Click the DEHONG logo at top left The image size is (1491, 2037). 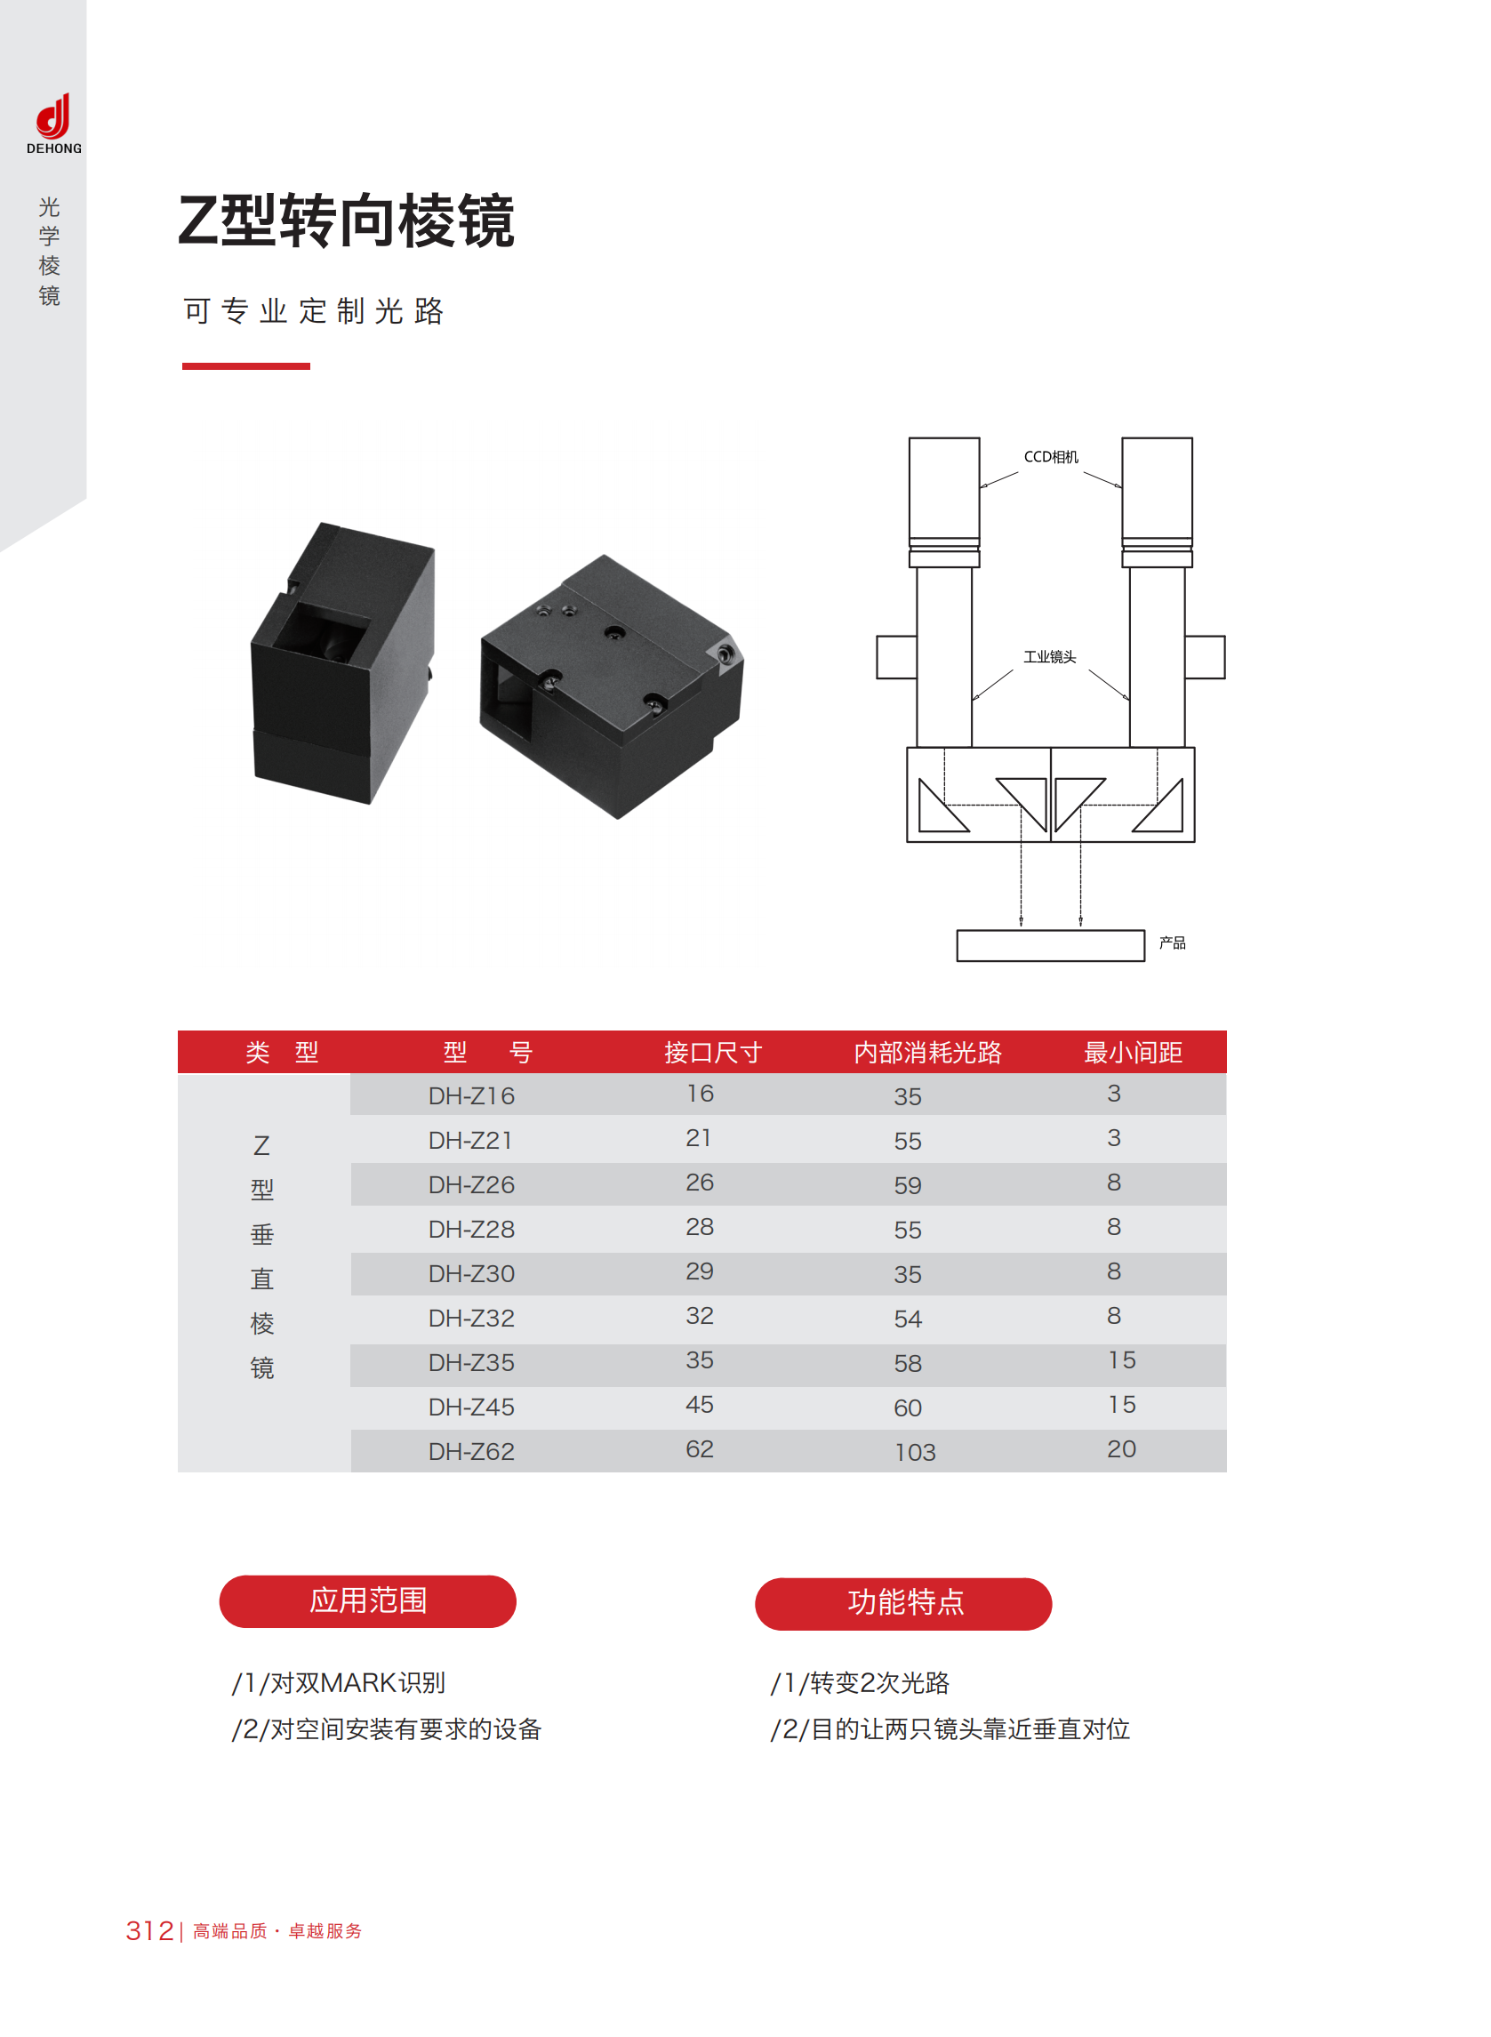(53, 124)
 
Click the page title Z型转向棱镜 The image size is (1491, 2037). (347, 221)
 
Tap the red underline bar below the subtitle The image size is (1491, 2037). (246, 365)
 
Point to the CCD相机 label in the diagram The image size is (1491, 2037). (1051, 457)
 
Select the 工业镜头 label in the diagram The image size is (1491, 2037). (1050, 657)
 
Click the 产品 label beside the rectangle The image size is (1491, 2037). (1173, 942)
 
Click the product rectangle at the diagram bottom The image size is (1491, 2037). (1051, 946)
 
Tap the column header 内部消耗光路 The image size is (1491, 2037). (928, 1053)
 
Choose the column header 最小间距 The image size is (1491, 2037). (1133, 1053)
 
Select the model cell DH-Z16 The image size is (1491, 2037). (471, 1095)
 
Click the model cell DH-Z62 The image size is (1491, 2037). (471, 1451)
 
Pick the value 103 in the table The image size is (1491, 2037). (915, 1452)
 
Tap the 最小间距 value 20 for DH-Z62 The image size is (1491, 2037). (1122, 1448)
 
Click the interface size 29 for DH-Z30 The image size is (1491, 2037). (700, 1271)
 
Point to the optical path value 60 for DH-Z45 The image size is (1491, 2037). (908, 1408)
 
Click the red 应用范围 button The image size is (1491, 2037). (367, 1601)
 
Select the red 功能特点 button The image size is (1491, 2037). (903, 1604)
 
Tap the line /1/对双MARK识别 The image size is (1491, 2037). (339, 1682)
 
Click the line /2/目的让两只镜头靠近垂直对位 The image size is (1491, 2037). (950, 1728)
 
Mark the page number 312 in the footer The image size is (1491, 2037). (150, 1930)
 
